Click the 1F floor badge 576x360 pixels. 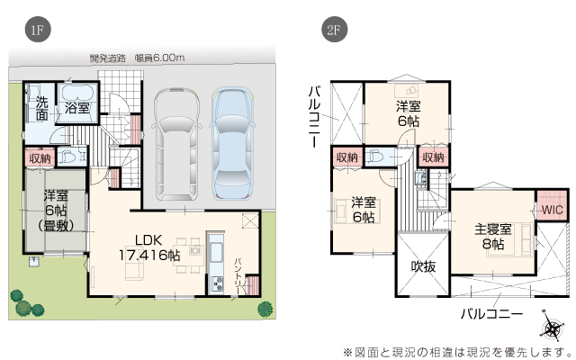coord(38,30)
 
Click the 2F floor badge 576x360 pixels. coord(334,30)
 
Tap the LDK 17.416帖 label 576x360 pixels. coord(149,247)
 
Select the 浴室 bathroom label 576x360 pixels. coord(77,108)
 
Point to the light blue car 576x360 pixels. coord(232,144)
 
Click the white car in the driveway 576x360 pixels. coord(177,144)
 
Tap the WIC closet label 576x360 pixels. coord(552,210)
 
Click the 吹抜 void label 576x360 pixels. coord(423,266)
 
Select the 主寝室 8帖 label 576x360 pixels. coord(493,237)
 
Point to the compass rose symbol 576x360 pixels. coord(552,327)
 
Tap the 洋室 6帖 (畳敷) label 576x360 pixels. coord(56,211)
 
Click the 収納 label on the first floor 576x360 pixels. coord(40,158)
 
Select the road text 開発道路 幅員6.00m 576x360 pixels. coord(137,58)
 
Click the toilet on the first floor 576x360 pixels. coord(69,157)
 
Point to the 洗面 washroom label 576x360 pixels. coord(41,108)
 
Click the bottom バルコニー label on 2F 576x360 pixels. coord(491,314)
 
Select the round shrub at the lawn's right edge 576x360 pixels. coord(265,309)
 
